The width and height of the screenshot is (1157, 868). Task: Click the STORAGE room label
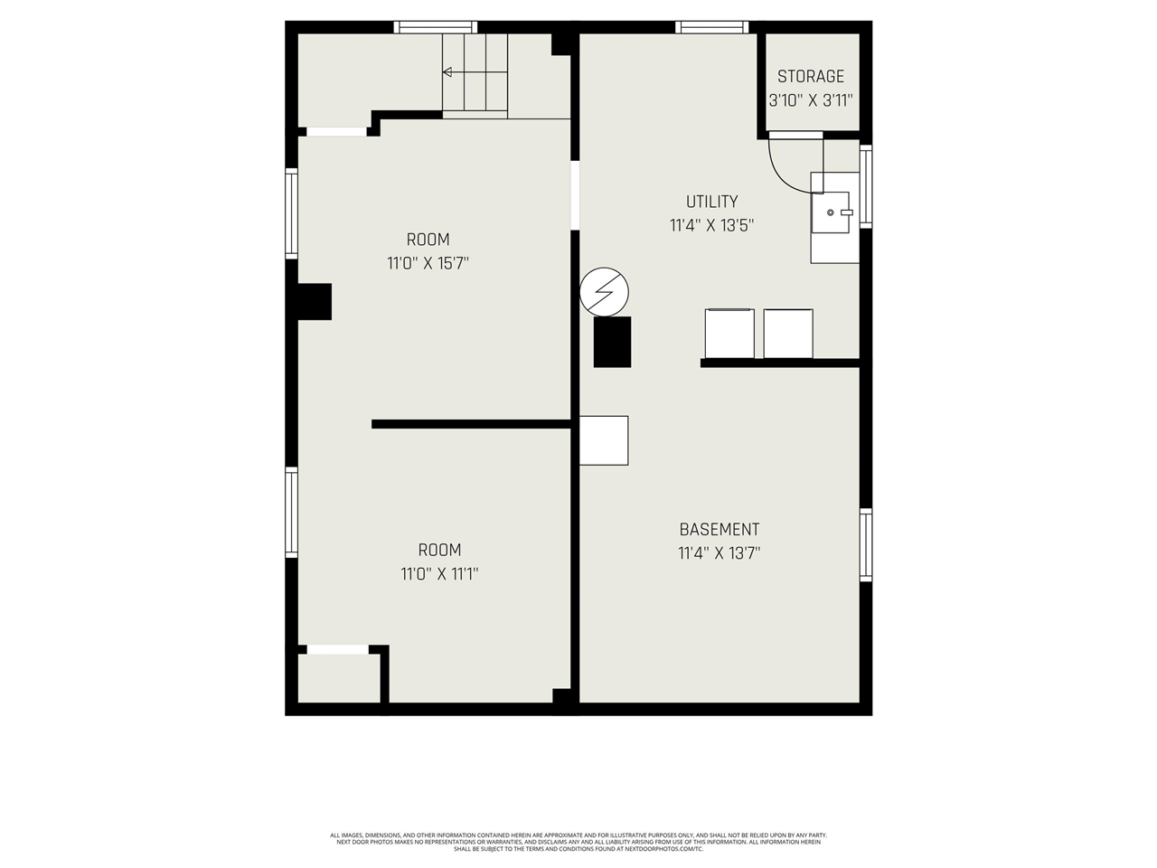coord(811,77)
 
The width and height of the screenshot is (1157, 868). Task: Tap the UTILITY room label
coord(711,202)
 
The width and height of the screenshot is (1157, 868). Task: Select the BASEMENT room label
coord(719,530)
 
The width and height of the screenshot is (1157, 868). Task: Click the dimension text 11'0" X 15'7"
coord(428,264)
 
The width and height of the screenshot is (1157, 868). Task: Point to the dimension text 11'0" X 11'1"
coord(439,574)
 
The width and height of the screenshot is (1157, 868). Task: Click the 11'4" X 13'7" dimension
coord(719,553)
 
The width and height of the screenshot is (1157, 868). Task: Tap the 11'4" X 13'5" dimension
coord(711,226)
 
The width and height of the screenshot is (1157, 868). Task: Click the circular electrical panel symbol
coord(604,292)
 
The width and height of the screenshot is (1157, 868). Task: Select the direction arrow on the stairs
coord(447,71)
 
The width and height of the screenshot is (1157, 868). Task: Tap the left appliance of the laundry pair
coord(729,334)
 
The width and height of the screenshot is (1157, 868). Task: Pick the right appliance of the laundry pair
coord(788,334)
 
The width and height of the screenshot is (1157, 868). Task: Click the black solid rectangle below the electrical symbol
coord(612,342)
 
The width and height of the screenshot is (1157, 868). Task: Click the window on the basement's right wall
coord(866,544)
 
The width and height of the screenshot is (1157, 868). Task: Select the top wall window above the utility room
coord(712,27)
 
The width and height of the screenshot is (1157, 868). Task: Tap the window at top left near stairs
coord(436,27)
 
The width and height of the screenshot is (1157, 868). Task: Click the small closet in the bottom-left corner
coord(339,677)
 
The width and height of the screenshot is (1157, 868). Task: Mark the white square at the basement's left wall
coord(603,440)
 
